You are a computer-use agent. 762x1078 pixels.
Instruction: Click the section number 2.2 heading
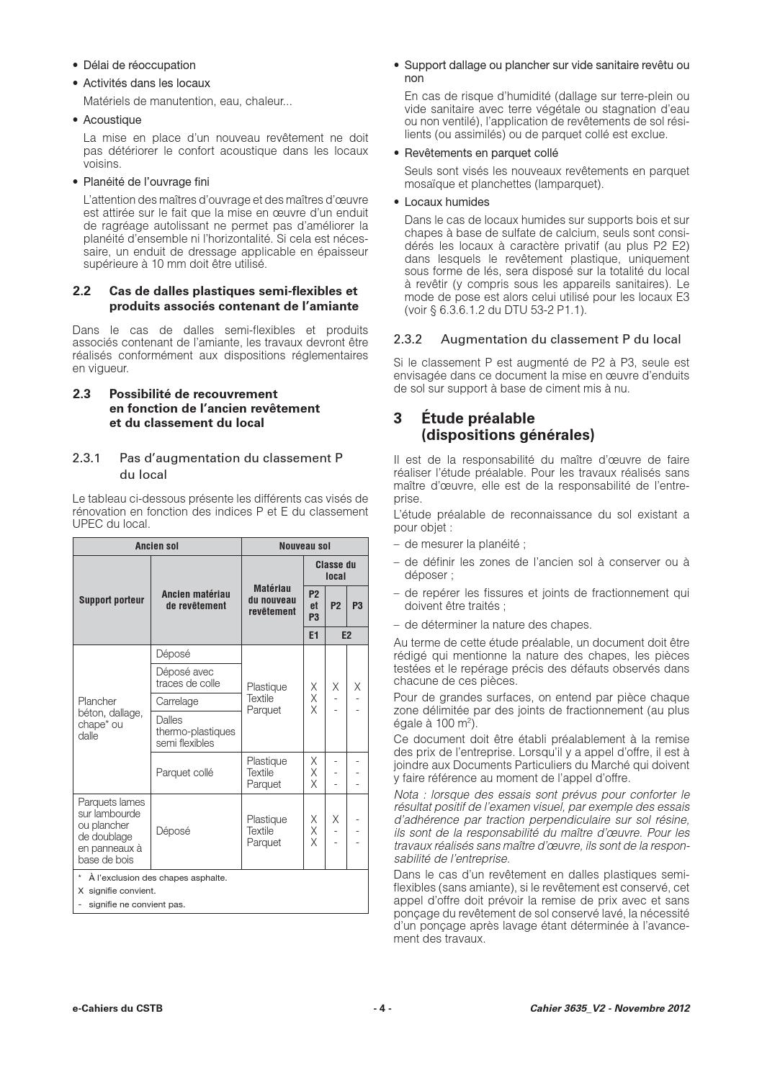pyautogui.click(x=82, y=292)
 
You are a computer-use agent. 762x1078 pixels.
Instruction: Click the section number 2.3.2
pyautogui.click(x=408, y=339)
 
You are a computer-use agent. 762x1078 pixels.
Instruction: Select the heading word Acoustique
pyautogui.click(x=112, y=120)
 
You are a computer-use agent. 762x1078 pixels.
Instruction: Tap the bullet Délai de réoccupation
pyautogui.click(x=139, y=65)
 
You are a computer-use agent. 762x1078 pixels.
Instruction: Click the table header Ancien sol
pyautogui.click(x=157, y=546)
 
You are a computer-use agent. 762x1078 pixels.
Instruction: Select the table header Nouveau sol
pyautogui.click(x=305, y=546)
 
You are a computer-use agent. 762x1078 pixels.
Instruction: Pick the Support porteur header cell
pyautogui.click(x=112, y=600)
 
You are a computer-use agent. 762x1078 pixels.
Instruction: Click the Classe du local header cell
pyautogui.click(x=336, y=570)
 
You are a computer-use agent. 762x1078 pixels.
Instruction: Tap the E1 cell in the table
pyautogui.click(x=314, y=635)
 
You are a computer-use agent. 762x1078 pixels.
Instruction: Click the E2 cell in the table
pyautogui.click(x=346, y=635)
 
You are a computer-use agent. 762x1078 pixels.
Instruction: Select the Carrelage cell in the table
pyautogui.click(x=177, y=701)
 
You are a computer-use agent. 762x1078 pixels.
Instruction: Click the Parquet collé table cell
pyautogui.click(x=184, y=773)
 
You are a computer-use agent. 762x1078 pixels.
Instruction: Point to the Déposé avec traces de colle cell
pyautogui.click(x=188, y=678)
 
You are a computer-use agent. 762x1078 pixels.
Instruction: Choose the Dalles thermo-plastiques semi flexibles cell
pyautogui.click(x=195, y=731)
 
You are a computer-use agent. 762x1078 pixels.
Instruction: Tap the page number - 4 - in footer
pyautogui.click(x=382, y=1008)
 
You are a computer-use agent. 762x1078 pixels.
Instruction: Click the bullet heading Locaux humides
pyautogui.click(x=447, y=202)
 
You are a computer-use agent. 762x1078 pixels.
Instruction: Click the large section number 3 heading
pyautogui.click(x=398, y=418)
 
